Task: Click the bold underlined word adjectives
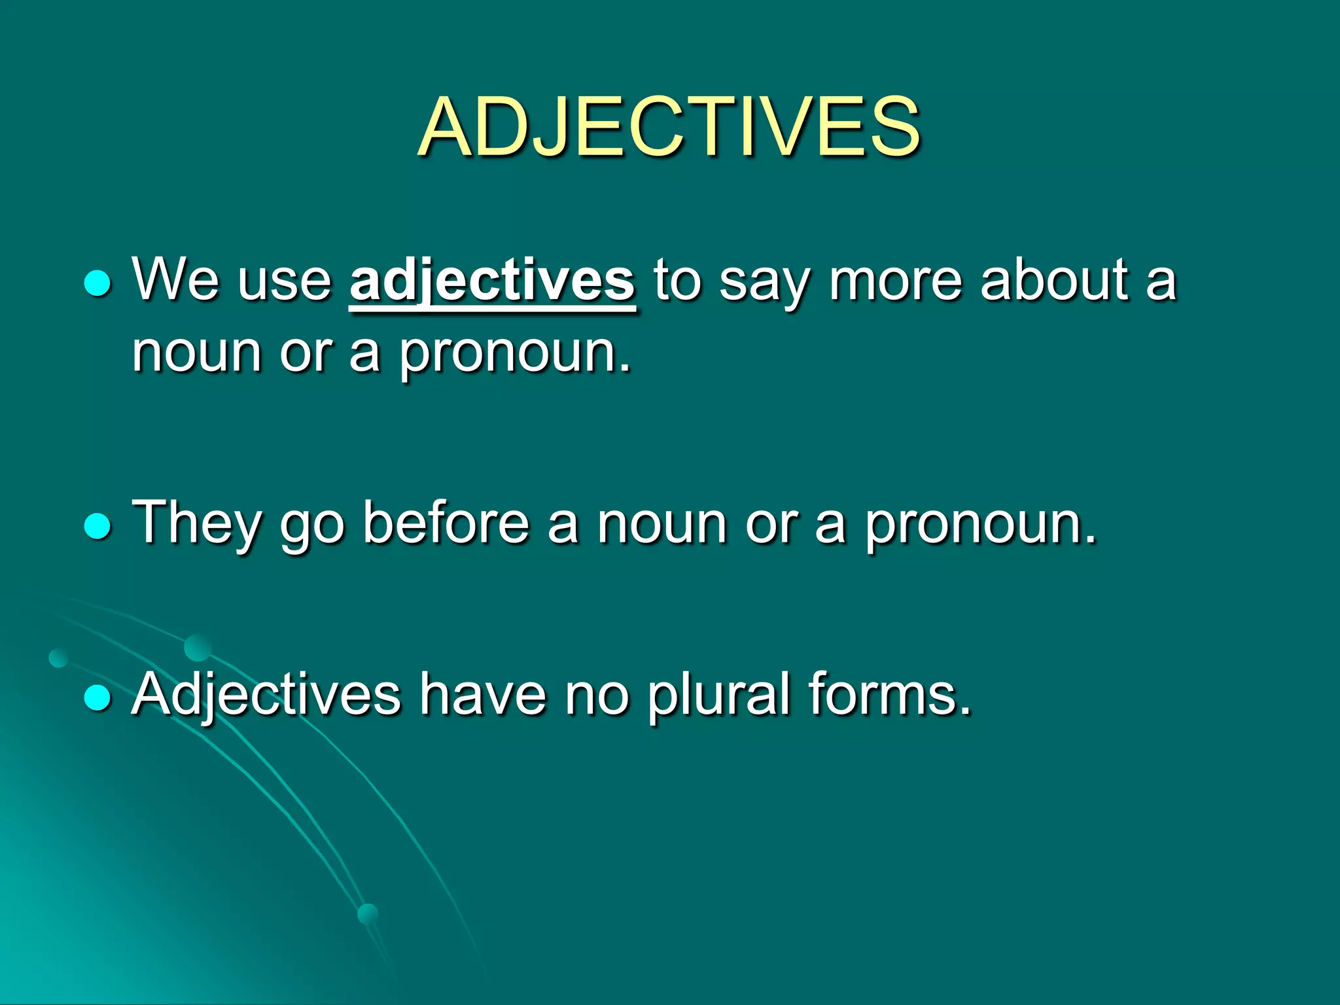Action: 492,281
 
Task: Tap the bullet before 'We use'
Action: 98,283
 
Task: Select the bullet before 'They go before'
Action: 98,525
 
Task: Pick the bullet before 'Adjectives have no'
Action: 98,697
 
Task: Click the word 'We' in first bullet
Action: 175,279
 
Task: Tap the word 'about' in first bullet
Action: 1054,279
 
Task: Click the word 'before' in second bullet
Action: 446,521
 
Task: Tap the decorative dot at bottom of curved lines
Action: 368,913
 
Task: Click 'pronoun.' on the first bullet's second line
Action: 516,354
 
